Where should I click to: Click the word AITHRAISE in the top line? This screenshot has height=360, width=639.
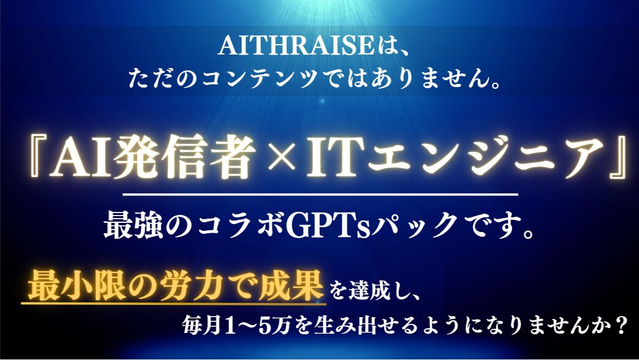click(x=297, y=45)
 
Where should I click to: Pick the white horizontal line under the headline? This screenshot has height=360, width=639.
click(x=320, y=195)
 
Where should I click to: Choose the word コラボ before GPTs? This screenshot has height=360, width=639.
click(x=240, y=226)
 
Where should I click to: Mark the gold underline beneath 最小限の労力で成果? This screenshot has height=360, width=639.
click(x=173, y=302)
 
